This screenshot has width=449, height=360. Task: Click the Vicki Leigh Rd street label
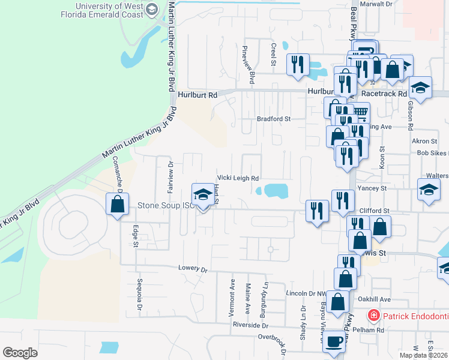click(x=238, y=178)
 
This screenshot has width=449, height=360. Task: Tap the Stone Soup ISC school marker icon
click(x=202, y=194)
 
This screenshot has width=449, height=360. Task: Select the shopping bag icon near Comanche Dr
click(x=117, y=203)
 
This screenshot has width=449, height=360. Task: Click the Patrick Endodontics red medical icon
click(x=373, y=315)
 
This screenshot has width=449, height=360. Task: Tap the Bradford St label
click(x=274, y=119)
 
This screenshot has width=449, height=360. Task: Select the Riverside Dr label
click(x=250, y=325)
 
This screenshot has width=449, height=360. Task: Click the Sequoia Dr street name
click(x=139, y=295)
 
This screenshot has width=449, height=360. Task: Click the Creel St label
click(x=273, y=54)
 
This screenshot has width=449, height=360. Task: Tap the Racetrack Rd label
click(x=384, y=94)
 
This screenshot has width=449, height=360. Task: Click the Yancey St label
click(x=373, y=188)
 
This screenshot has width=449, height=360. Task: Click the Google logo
click(x=20, y=352)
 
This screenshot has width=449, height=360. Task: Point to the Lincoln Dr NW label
click(x=308, y=293)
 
